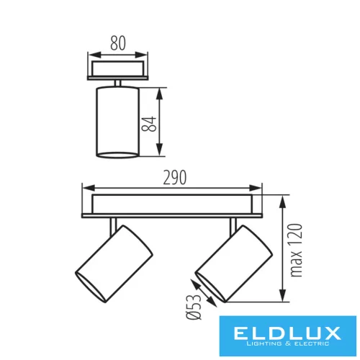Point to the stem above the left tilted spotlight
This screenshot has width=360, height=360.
(113, 226)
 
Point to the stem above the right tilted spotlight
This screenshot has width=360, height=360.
(231, 226)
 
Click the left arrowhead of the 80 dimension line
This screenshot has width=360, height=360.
(91, 55)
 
